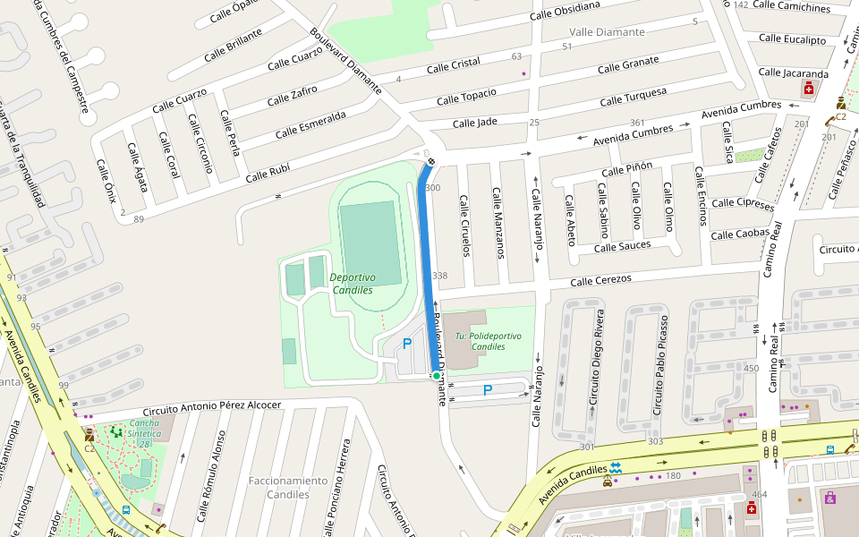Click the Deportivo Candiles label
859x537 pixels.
point(353,284)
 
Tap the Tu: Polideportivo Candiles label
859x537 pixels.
point(487,341)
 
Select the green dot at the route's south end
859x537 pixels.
point(436,376)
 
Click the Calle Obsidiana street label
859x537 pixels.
point(564,10)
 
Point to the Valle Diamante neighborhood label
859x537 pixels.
point(606,32)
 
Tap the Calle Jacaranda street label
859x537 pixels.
point(793,72)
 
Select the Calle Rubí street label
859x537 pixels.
point(268,172)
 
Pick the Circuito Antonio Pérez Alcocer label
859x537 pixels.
point(212,405)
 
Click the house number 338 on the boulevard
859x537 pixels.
point(439,276)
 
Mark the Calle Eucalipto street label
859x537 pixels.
point(792,39)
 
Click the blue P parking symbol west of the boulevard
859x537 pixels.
point(407,343)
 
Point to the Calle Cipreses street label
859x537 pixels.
point(743,204)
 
